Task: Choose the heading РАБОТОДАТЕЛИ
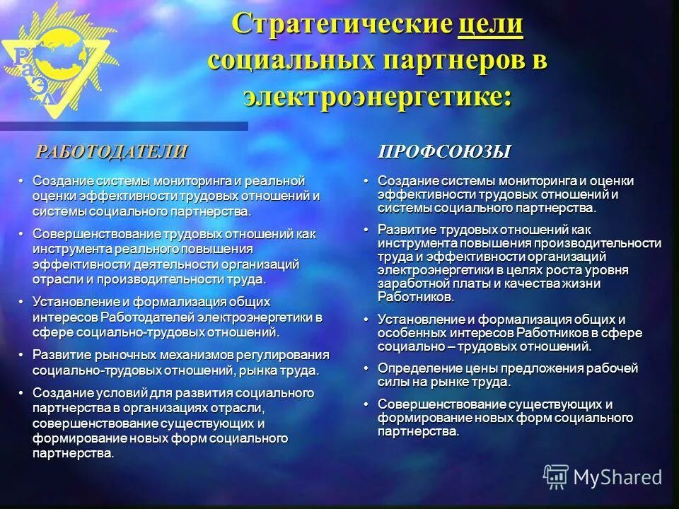(112, 151)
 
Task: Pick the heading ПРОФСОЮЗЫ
(444, 151)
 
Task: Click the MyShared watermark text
(617, 477)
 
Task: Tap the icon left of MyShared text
(556, 477)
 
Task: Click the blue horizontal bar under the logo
(124, 126)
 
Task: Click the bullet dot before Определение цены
(366, 368)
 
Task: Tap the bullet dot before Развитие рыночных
(21, 355)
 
